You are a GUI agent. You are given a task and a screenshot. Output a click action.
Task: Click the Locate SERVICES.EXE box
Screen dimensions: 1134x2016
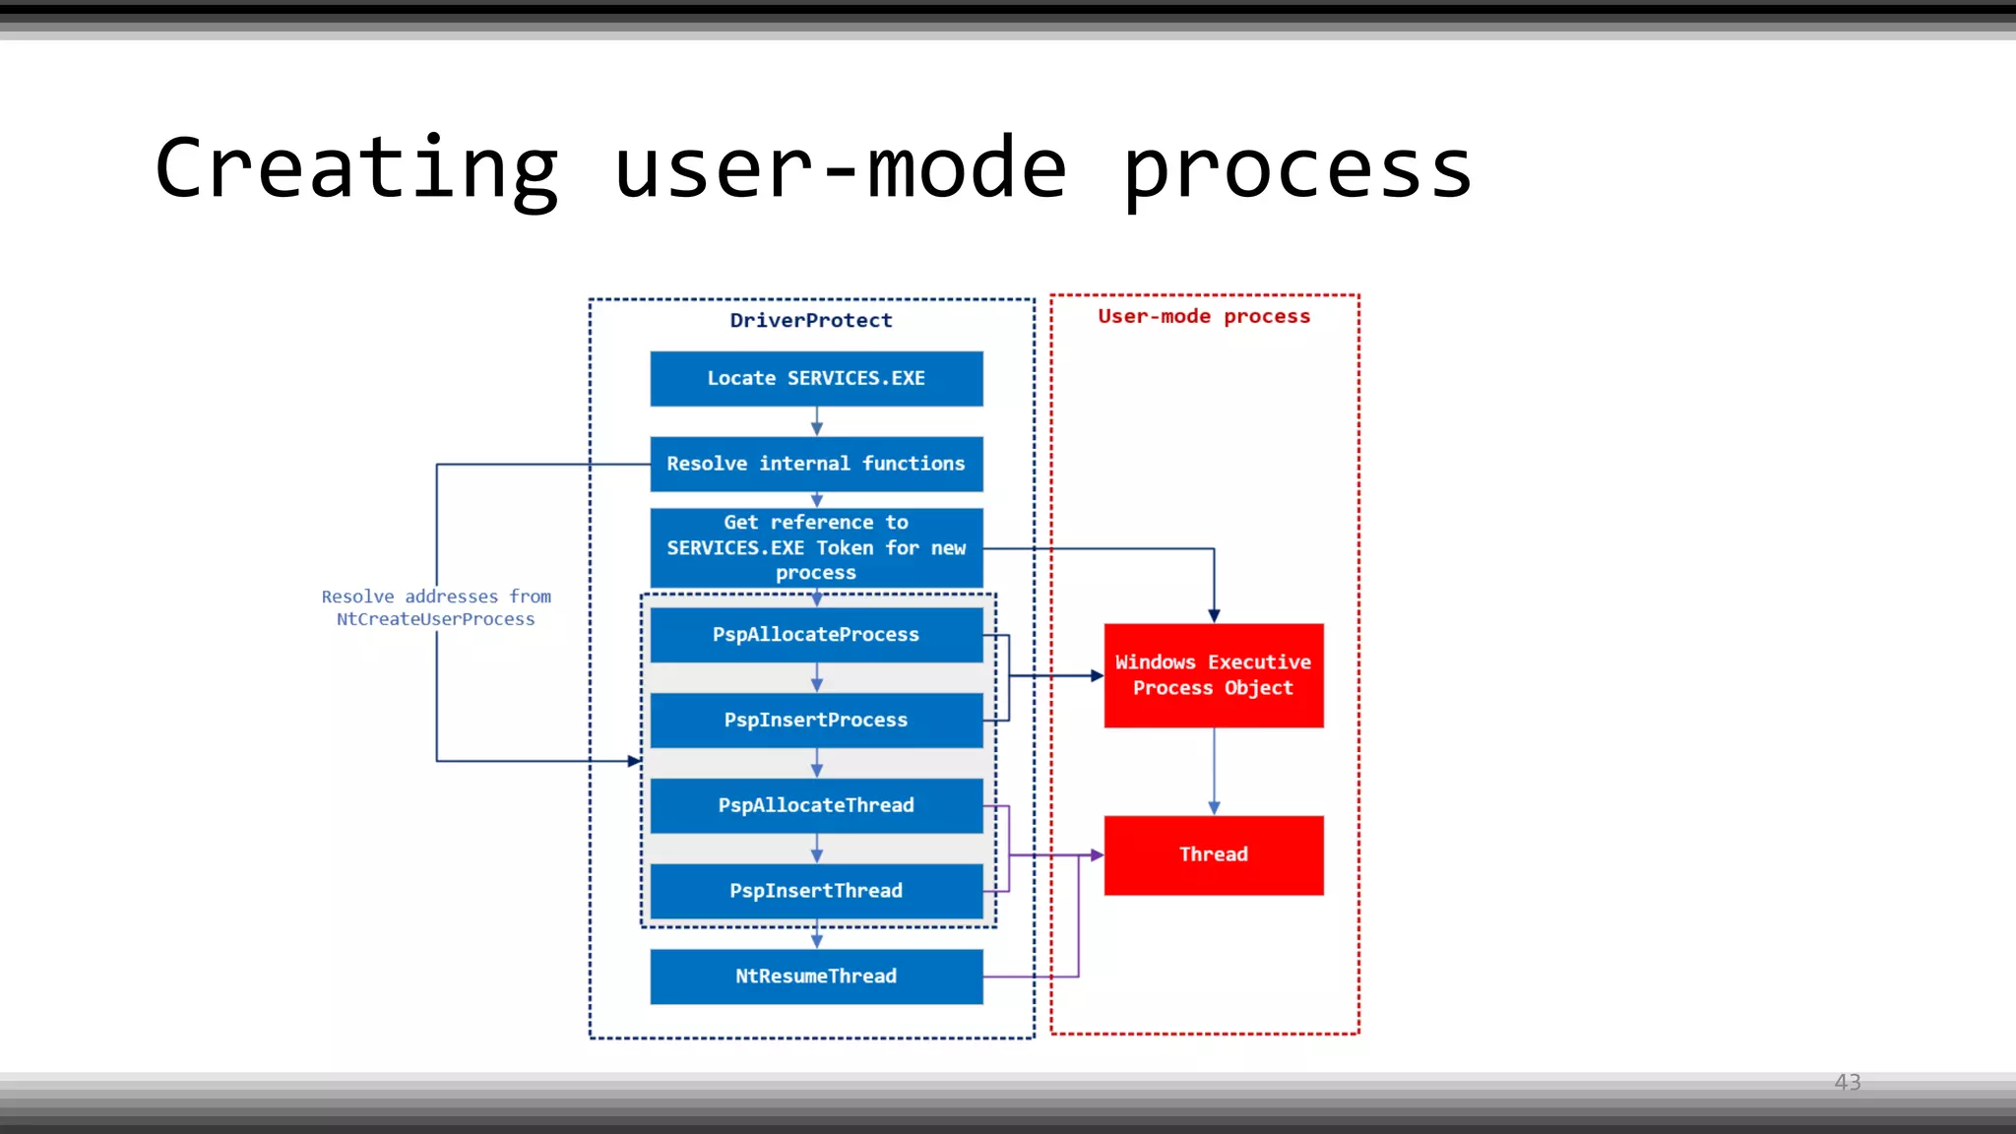click(x=816, y=379)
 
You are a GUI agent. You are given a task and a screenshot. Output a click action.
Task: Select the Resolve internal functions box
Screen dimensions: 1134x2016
click(x=816, y=464)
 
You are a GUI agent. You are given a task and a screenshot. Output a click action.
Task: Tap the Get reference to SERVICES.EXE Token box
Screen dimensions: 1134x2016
click(x=816, y=547)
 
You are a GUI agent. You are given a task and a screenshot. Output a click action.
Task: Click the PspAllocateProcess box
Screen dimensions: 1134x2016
click(x=816, y=635)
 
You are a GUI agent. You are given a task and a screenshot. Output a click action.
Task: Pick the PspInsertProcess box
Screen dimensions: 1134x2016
click(x=816, y=721)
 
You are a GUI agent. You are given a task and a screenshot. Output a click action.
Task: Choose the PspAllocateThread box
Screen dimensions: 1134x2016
click(x=816, y=805)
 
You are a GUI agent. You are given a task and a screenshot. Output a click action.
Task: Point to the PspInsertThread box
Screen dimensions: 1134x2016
click(x=816, y=891)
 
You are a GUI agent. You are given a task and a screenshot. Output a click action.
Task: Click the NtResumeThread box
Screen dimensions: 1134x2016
click(x=816, y=976)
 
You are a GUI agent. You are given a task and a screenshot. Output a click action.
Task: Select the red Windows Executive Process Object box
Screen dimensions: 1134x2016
click(x=1213, y=675)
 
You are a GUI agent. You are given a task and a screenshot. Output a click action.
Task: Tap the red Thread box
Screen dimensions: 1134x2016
click(x=1213, y=854)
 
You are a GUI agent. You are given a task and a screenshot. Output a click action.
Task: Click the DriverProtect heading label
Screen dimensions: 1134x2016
click(x=811, y=320)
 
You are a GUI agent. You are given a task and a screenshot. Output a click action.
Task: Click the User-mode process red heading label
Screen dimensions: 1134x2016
click(x=1204, y=316)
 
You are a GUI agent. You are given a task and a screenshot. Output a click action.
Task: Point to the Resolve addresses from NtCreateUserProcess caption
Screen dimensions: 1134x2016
click(x=436, y=607)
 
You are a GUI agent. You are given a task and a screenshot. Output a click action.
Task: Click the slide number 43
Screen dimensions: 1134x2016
click(x=1847, y=1082)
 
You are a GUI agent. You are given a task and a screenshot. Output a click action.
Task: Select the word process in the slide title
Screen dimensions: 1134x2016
click(x=1296, y=169)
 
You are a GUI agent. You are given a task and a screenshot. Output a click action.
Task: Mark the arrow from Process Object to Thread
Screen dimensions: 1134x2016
click(x=1214, y=771)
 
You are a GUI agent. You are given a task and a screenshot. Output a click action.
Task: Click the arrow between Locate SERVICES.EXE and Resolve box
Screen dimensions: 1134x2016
click(x=816, y=421)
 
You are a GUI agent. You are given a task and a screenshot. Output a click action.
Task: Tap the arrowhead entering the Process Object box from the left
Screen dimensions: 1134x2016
click(x=1096, y=675)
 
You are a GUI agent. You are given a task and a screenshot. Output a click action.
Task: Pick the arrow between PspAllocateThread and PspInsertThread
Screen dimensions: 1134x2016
click(x=816, y=849)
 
